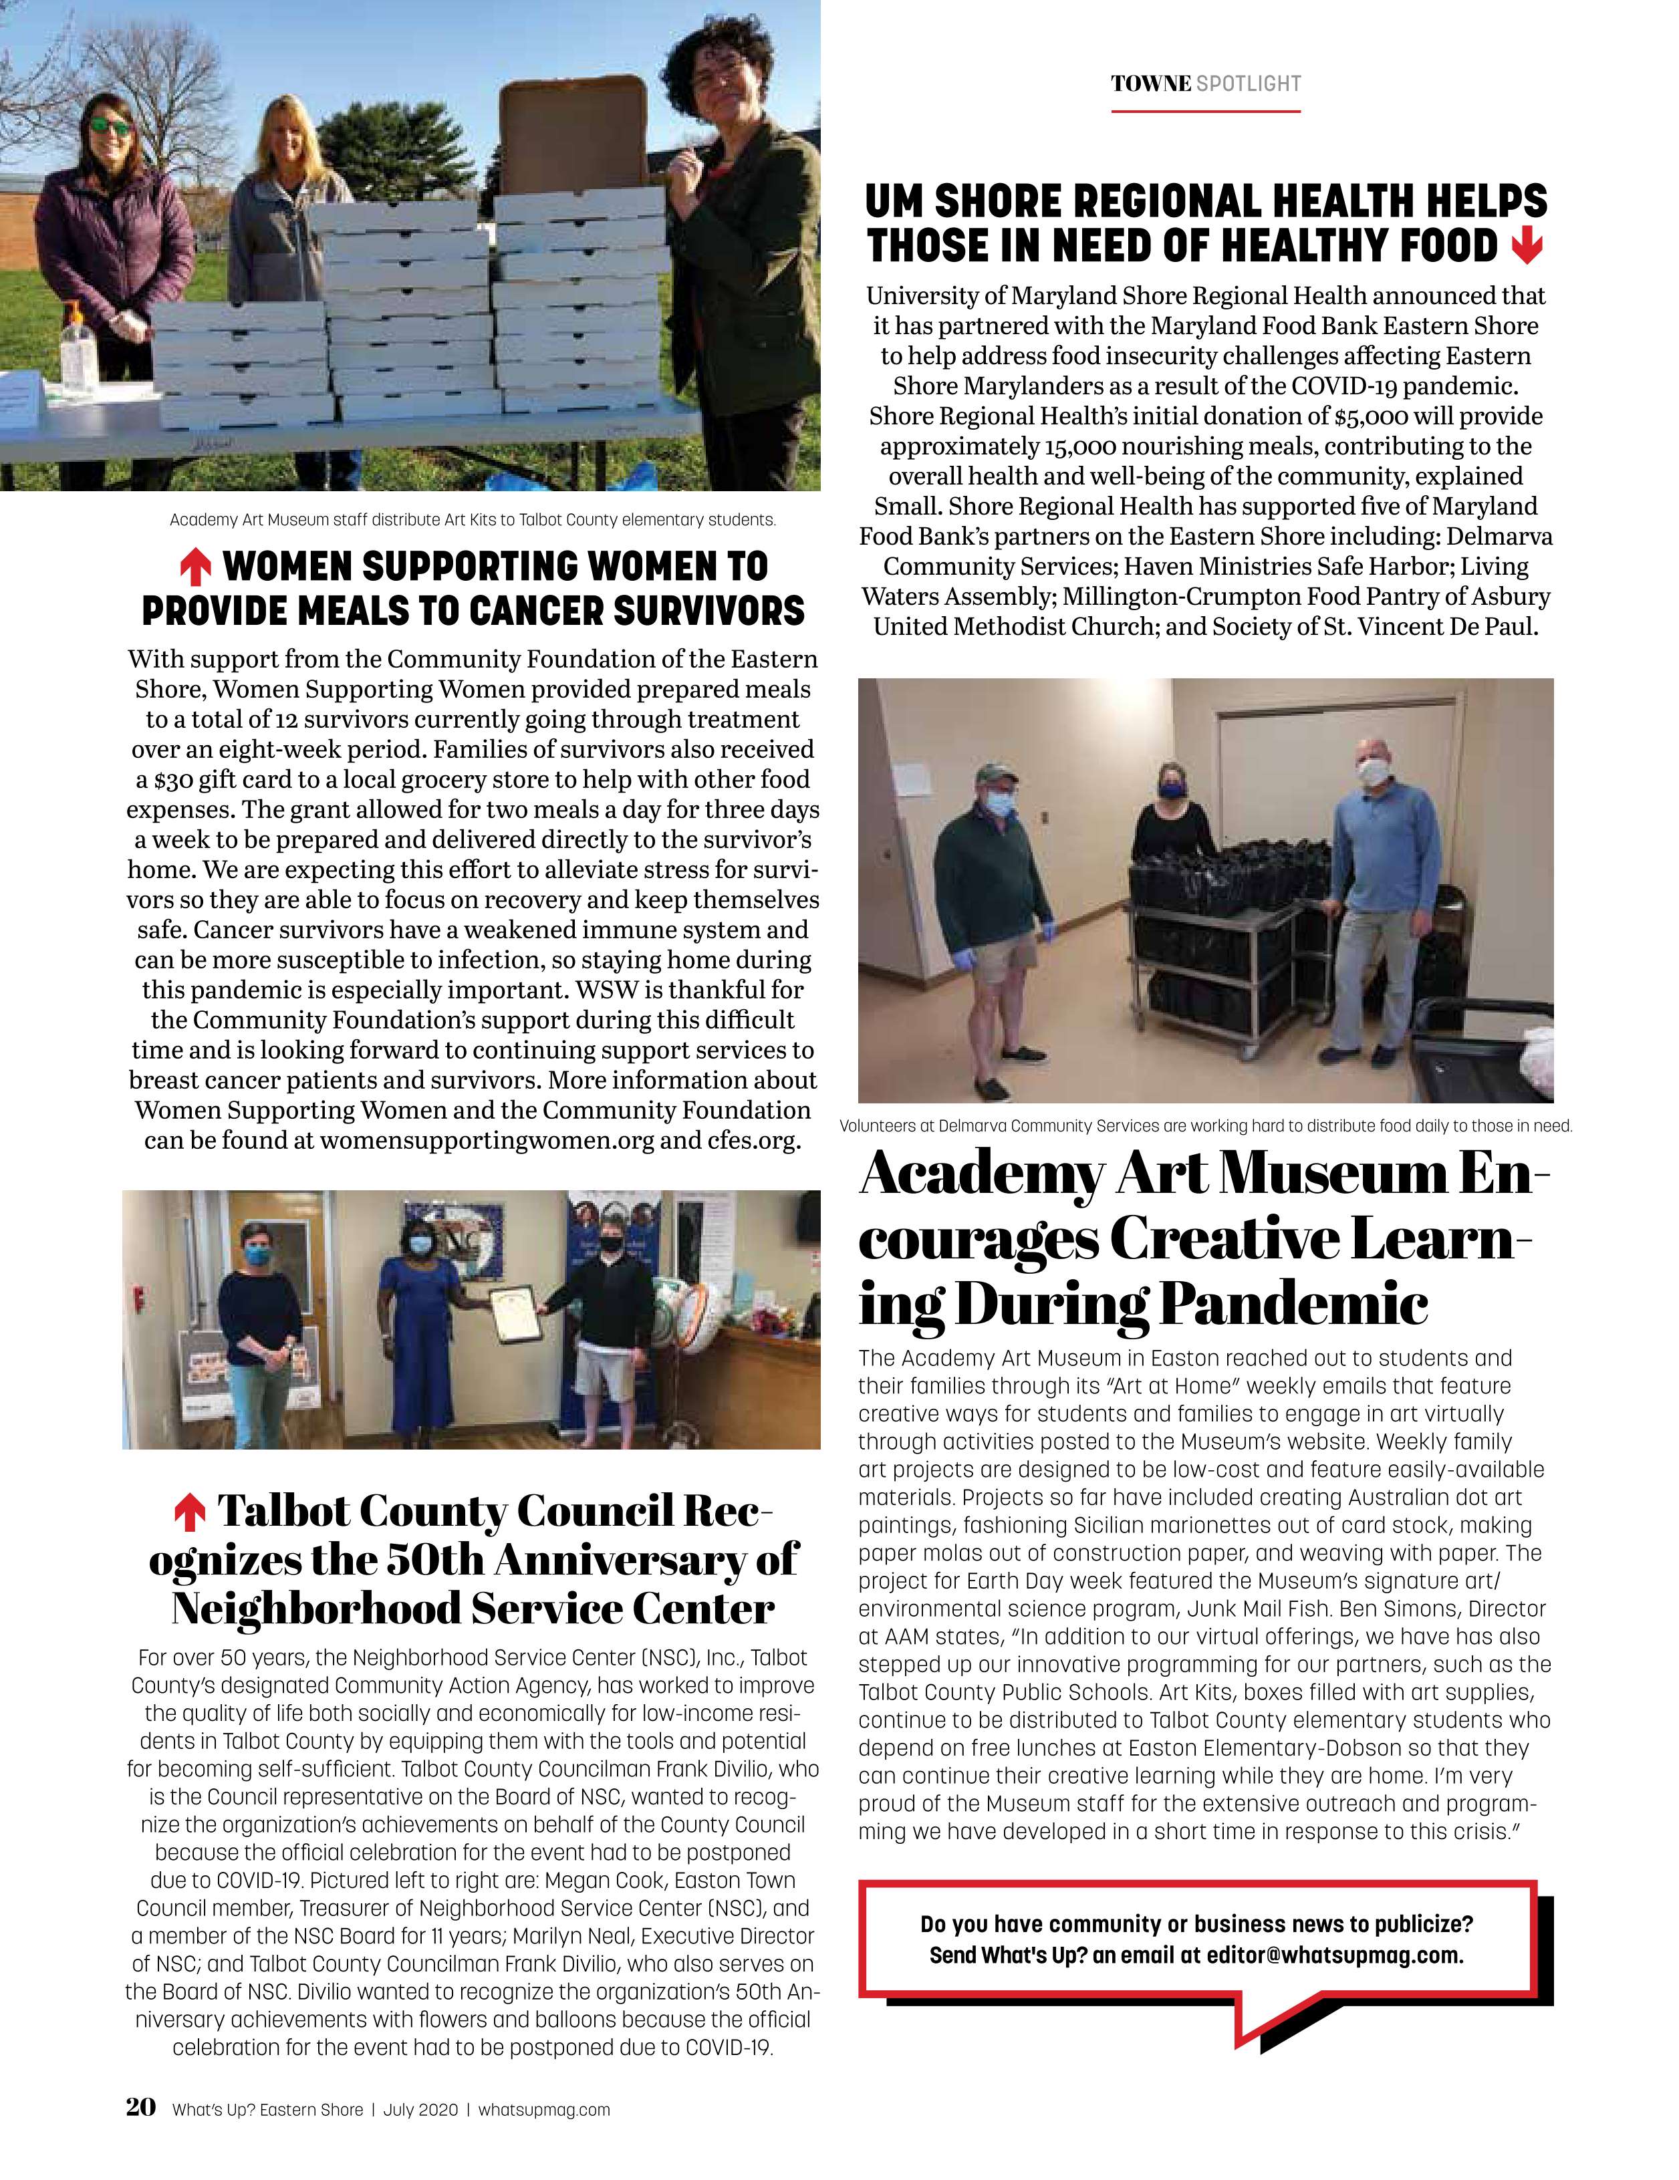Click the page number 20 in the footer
pyautogui.click(x=141, y=2107)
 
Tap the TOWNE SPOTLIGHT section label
pyautogui.click(x=1206, y=84)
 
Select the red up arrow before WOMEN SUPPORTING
pyautogui.click(x=195, y=568)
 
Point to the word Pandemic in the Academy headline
pyautogui.click(x=1291, y=1304)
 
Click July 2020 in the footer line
pyautogui.click(x=420, y=2110)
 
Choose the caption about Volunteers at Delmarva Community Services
pyautogui.click(x=1205, y=1126)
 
